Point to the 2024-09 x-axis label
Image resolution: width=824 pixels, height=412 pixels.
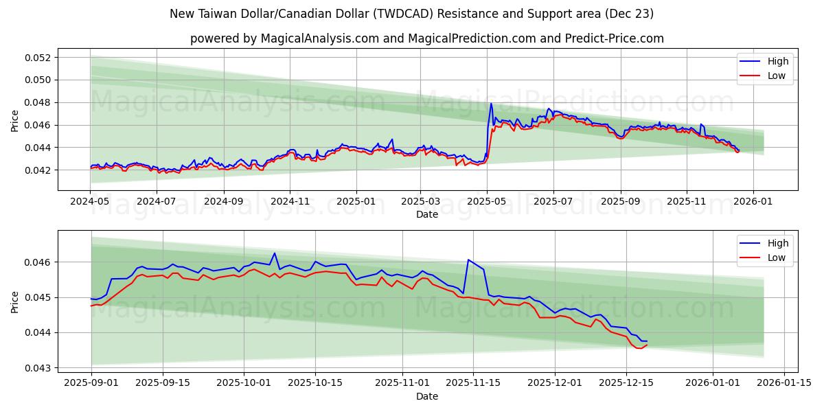click(x=224, y=203)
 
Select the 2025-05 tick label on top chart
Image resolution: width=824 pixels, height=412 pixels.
click(x=487, y=203)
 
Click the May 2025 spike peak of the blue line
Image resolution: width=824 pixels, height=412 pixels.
click(x=491, y=104)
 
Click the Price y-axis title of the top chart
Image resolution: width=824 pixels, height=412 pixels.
click(x=15, y=121)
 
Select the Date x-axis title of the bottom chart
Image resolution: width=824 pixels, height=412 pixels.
click(x=427, y=396)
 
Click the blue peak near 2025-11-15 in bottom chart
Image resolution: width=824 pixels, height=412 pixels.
click(x=468, y=260)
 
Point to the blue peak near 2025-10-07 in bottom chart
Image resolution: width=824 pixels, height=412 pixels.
click(x=275, y=253)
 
